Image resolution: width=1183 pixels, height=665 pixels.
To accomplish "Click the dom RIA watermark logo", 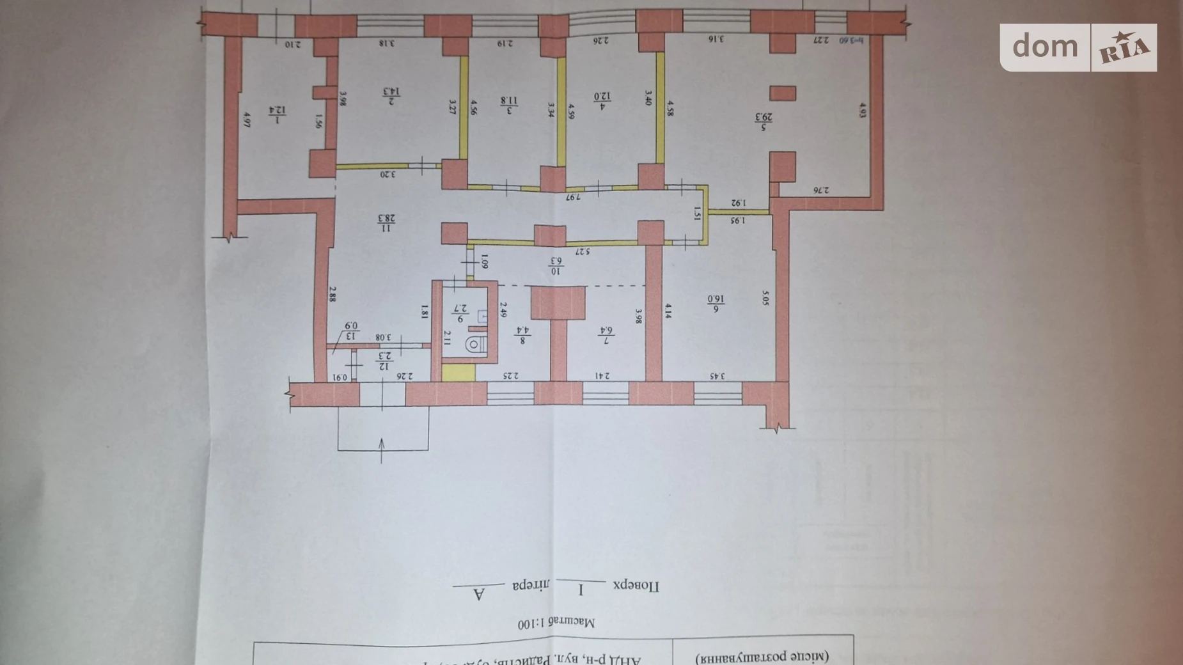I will click(1078, 47).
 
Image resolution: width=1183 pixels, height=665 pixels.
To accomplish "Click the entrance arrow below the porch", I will click(382, 450).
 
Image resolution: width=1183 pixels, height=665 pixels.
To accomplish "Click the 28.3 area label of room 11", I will click(386, 223).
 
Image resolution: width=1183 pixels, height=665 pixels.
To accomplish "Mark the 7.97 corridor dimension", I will click(572, 196).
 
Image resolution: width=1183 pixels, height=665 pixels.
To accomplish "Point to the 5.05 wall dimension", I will click(765, 298).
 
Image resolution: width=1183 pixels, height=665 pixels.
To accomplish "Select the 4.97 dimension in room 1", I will click(246, 119).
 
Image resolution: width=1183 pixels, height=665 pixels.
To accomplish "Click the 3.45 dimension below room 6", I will click(717, 376).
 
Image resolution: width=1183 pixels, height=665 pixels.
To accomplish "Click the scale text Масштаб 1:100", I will click(556, 622).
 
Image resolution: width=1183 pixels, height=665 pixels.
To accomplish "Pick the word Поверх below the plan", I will click(636, 586).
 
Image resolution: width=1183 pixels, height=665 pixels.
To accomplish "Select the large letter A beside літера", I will click(478, 594).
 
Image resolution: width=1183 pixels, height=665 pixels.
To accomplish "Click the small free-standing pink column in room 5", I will click(782, 93).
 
